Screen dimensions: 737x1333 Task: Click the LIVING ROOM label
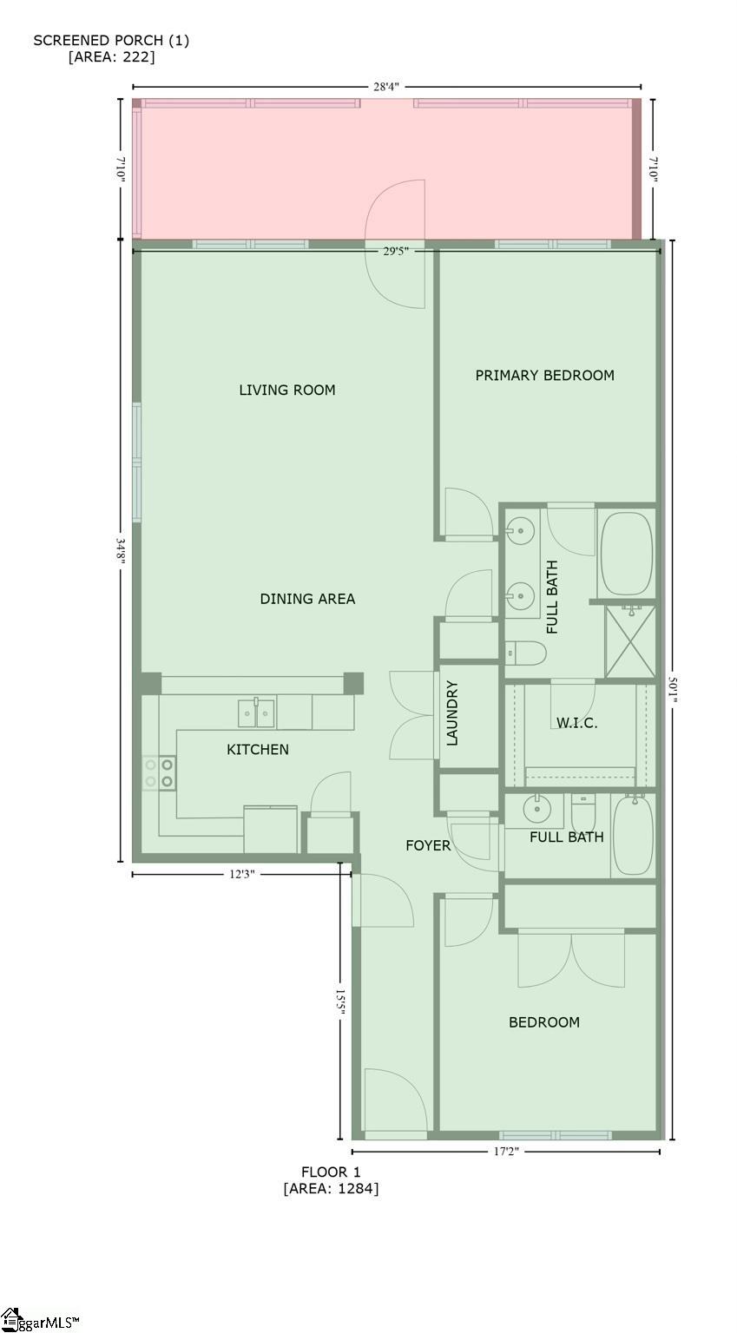287,390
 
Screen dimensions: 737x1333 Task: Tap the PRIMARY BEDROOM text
544,375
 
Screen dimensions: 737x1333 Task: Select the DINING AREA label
307,599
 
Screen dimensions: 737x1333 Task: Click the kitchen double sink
257,712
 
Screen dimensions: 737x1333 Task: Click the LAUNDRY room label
452,712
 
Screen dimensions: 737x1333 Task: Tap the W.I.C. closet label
577,723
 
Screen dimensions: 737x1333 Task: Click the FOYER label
428,845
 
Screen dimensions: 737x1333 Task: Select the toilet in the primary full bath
526,653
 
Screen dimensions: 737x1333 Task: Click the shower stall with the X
630,641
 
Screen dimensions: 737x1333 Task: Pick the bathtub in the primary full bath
626,554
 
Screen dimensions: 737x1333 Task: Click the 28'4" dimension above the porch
385,87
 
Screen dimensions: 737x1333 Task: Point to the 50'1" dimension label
673,689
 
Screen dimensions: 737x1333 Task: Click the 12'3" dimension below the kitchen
241,874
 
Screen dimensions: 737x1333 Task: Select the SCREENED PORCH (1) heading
111,41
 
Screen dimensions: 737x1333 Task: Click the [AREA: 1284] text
331,1188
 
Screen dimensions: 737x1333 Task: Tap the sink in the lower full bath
537,810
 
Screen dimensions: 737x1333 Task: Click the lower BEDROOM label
544,1021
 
